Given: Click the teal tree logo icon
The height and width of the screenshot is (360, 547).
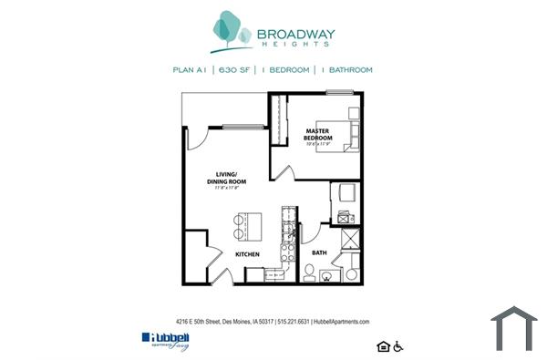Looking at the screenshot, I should pos(231,32).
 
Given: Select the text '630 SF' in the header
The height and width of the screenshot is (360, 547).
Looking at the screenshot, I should pos(233,70).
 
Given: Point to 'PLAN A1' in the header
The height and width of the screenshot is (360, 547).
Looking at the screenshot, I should pos(190,70).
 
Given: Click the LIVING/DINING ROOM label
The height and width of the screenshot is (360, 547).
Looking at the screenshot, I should pos(221,179).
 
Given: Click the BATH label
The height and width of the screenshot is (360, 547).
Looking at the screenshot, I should pos(319,252).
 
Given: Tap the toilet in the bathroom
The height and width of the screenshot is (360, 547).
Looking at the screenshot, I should pos(310,273).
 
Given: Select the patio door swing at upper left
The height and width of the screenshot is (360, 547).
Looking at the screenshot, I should pos(195,138).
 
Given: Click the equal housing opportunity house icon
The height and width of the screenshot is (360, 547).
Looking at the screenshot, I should pos(381,345).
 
